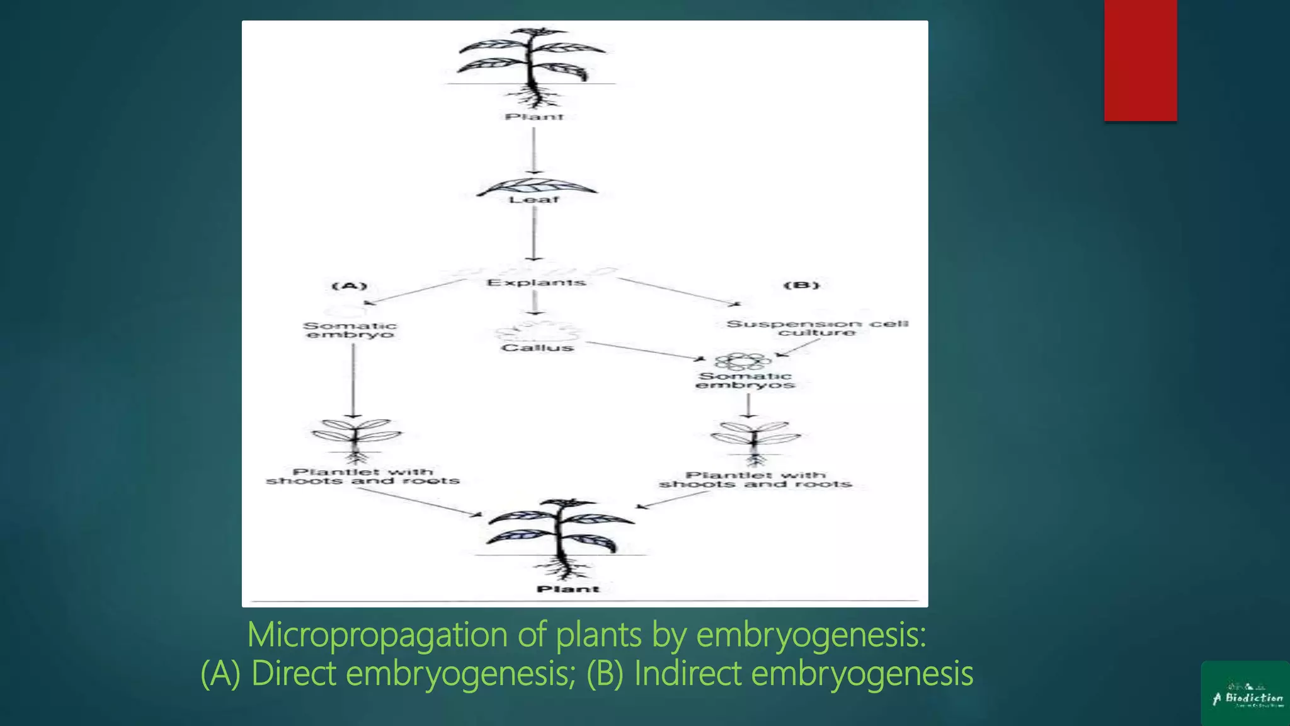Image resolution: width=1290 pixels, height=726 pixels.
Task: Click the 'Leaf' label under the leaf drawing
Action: click(534, 200)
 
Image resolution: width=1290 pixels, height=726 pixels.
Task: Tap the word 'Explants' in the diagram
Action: click(536, 282)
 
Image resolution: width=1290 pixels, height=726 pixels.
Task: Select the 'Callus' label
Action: click(537, 348)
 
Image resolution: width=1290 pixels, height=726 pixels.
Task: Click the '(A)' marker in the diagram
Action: click(350, 286)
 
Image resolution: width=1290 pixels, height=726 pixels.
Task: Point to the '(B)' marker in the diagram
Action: click(802, 285)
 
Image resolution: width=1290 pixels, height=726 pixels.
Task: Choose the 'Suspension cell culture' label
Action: click(817, 328)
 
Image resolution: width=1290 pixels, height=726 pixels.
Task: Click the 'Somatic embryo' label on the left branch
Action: click(350, 330)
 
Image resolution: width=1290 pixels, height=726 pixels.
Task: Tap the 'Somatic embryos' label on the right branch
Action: click(745, 381)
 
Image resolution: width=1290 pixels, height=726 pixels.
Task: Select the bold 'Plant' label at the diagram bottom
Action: click(568, 589)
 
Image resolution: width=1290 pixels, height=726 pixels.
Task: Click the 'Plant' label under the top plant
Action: click(534, 117)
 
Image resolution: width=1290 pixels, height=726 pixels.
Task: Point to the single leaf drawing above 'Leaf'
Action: click(535, 187)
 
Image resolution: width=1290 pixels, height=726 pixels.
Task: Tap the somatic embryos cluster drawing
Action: click(743, 361)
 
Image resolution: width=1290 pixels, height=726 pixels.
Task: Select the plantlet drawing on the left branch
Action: click(356, 438)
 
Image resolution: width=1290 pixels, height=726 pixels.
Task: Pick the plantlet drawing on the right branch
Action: click(755, 440)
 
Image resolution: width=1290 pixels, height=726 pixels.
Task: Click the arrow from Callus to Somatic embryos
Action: click(646, 351)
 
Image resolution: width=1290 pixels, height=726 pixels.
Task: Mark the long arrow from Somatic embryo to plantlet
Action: click(353, 381)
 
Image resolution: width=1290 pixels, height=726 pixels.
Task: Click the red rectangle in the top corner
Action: click(1140, 60)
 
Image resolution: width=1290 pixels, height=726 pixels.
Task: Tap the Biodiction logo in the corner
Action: click(1245, 693)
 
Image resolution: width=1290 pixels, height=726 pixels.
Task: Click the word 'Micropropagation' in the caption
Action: click(378, 634)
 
